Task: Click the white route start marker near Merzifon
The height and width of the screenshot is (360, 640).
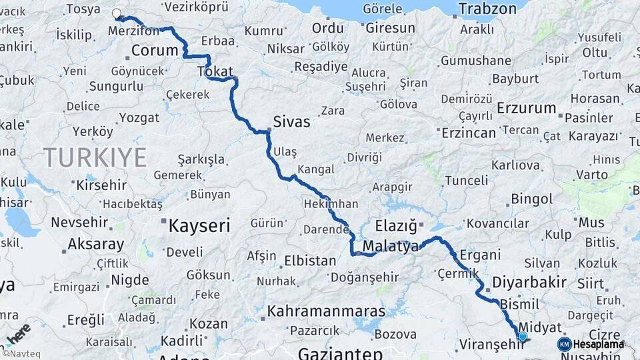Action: tap(117, 13)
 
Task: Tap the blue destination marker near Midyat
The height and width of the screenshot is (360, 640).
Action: tap(523, 337)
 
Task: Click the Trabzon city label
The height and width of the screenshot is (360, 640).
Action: tap(488, 9)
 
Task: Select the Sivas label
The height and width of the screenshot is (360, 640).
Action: tap(292, 123)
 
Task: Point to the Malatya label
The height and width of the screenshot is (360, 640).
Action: tap(390, 247)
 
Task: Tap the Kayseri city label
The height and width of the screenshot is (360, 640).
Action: tap(199, 225)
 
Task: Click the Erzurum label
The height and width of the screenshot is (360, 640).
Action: tap(527, 108)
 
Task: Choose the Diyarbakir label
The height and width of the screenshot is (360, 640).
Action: tap(529, 282)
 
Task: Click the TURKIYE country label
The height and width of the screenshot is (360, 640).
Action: tap(95, 157)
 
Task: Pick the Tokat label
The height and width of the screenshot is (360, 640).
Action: tap(215, 71)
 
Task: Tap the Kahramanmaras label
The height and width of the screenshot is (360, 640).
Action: tap(327, 311)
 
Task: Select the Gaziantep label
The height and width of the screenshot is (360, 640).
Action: tap(340, 353)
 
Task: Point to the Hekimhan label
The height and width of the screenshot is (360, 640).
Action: tap(331, 203)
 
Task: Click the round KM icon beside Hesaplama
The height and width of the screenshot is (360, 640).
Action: tap(564, 344)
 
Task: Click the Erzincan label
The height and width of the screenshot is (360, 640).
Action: tap(470, 133)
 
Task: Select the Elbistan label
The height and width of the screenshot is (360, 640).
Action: tap(310, 261)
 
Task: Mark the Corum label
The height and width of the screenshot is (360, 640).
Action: tap(155, 51)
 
